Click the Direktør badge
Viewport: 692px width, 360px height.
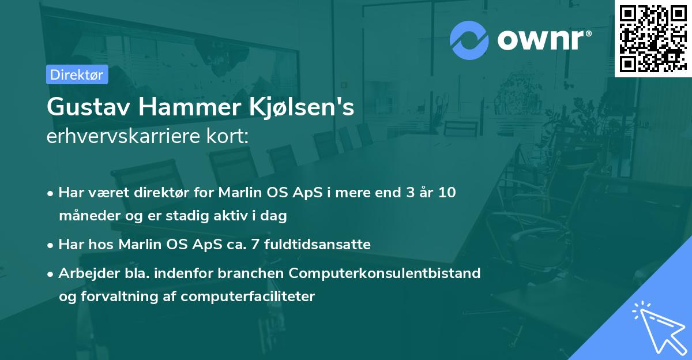pos(77,74)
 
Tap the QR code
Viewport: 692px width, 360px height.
pos(653,38)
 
